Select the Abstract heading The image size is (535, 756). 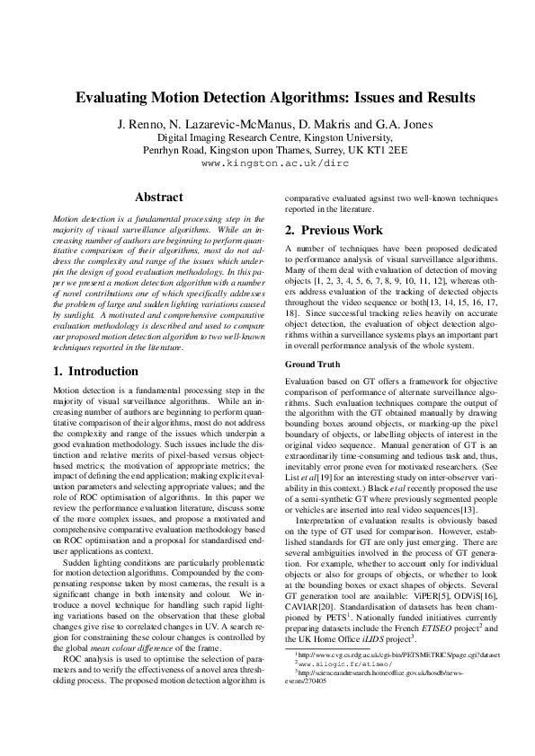coord(158,197)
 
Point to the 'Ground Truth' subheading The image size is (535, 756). coord(312,365)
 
